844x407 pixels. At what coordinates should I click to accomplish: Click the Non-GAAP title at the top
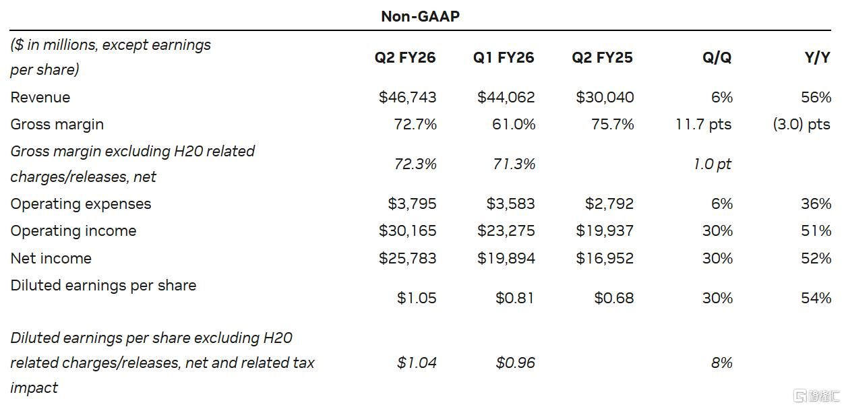click(420, 16)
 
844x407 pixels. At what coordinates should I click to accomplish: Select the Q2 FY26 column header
click(405, 58)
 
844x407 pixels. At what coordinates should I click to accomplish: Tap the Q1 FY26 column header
click(504, 58)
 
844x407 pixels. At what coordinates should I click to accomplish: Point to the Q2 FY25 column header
click(602, 58)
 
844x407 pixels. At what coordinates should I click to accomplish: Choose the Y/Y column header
click(817, 58)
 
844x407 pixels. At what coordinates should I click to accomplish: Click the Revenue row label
click(40, 98)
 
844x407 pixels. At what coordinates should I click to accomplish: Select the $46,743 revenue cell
click(407, 98)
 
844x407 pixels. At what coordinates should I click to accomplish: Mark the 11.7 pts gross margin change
click(703, 125)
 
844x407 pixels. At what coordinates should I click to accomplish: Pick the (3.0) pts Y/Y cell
click(802, 125)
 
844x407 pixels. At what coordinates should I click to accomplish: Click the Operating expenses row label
click(81, 204)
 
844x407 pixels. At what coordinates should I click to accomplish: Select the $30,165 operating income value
click(407, 231)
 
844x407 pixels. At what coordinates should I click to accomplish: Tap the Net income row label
click(51, 258)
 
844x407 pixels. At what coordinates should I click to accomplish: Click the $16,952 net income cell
click(605, 258)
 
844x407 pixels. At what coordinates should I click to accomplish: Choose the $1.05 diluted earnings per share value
click(417, 298)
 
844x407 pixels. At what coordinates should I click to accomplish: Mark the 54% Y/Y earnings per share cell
click(816, 298)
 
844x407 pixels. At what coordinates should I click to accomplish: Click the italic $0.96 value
click(515, 363)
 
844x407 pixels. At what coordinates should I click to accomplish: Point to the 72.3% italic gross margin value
click(415, 164)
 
